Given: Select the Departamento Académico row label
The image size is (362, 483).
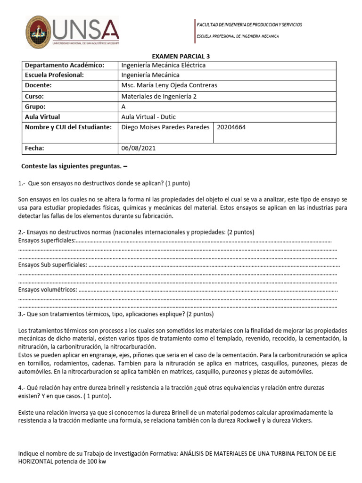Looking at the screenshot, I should (64, 65).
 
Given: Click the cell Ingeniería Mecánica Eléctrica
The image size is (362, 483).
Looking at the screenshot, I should (163, 65).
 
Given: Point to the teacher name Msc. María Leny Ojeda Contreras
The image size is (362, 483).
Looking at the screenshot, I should (169, 85).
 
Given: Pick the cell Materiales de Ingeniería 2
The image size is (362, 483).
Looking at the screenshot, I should (159, 96).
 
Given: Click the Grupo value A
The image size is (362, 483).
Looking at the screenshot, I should (123, 107).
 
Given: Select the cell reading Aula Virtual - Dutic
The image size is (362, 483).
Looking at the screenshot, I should (148, 117).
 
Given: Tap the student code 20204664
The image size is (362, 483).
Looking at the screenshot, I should (231, 127).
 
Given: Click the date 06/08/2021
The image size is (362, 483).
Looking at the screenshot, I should (138, 148).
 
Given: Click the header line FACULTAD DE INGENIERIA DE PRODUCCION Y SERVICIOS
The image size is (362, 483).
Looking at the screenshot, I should (249, 25).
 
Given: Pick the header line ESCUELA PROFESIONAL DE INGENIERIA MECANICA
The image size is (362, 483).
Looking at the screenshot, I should (238, 36).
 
